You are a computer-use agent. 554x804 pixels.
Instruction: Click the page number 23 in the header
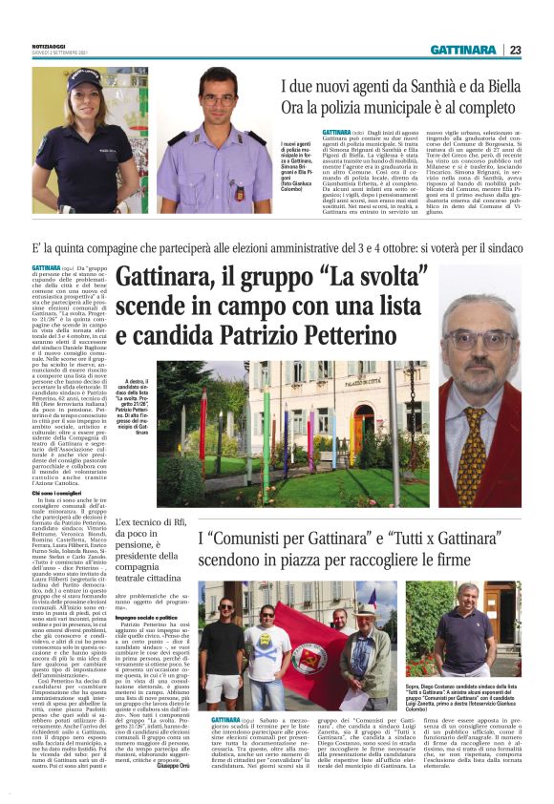click(x=514, y=50)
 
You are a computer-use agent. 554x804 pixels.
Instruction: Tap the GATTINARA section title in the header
click(x=463, y=50)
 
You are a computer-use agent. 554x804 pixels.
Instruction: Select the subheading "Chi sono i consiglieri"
click(x=61, y=492)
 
